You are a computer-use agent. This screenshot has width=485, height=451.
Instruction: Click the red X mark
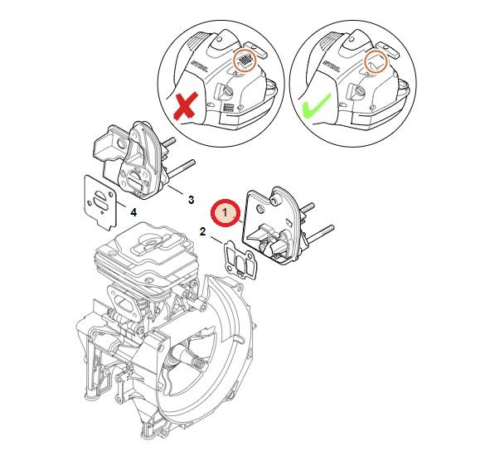pos(186,105)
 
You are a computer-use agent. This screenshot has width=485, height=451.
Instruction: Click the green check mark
pos(316,106)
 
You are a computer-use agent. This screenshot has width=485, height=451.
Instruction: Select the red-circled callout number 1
pos(226,213)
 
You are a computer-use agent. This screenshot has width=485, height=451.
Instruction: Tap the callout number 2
pos(202,231)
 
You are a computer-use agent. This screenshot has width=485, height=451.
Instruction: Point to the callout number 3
pos(192,200)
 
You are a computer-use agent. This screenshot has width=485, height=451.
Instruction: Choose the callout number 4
pos(133,212)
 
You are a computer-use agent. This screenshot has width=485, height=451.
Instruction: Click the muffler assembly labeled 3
pos(133,161)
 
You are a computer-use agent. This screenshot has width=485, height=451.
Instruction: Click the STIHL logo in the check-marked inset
pos(331,65)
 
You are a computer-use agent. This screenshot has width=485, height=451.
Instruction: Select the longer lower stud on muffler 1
pos(320,234)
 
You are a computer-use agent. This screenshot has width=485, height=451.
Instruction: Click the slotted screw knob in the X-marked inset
pos(228,91)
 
